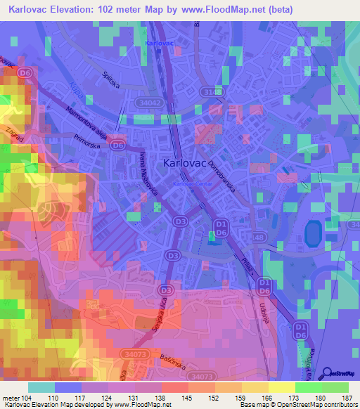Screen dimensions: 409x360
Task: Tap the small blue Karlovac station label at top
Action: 158,44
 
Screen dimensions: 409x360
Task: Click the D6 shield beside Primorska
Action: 118,145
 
